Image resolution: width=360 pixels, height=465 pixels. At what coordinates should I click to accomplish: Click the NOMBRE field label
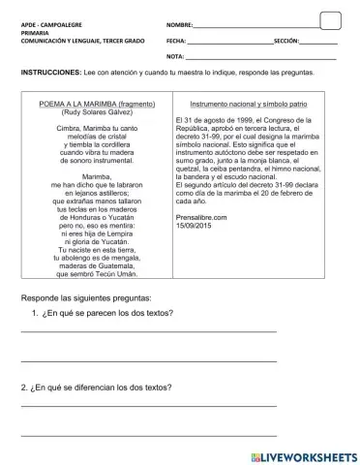[x=181, y=22]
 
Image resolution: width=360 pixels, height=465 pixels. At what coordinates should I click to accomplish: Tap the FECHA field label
[x=176, y=42]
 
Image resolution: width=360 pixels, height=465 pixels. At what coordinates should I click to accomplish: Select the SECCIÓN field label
[x=286, y=42]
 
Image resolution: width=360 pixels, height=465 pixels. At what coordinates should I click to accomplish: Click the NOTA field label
[x=175, y=58]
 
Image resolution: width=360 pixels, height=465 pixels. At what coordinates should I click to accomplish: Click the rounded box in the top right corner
[x=330, y=20]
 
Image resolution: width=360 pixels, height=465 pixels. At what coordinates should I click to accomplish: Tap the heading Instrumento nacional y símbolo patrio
[x=249, y=102]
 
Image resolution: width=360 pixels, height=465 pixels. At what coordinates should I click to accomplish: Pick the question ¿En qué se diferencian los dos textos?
[x=97, y=387]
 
